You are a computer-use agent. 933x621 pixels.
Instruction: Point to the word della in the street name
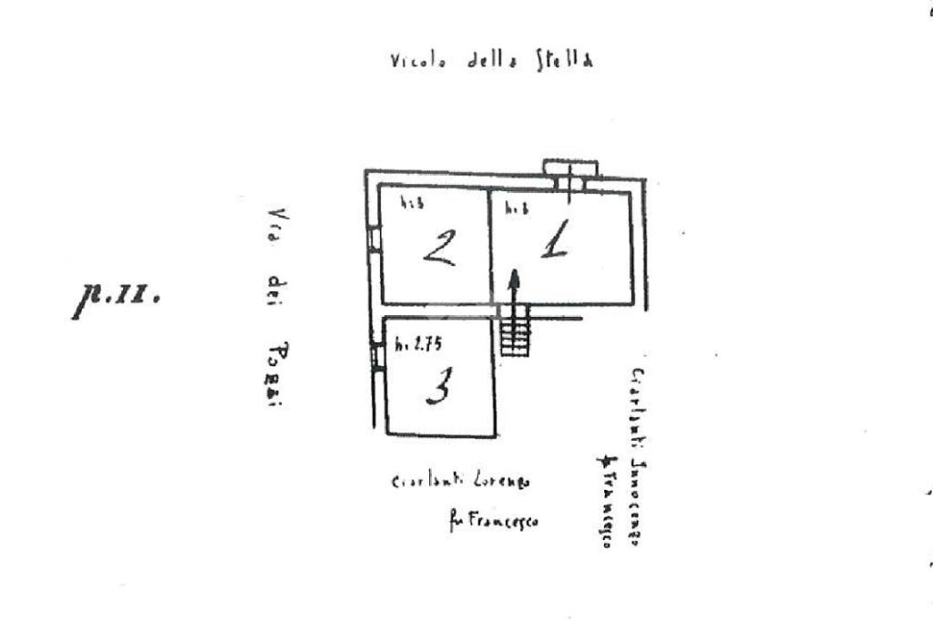click(493, 62)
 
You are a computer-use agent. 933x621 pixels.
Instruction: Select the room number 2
click(440, 247)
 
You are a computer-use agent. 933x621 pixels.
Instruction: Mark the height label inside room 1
click(517, 208)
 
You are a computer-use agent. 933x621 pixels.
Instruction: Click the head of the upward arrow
click(514, 278)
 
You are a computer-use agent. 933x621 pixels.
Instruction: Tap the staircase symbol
click(515, 331)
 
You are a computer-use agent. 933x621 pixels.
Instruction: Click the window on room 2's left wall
click(374, 239)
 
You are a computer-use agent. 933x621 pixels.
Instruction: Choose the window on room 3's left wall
click(376, 355)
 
